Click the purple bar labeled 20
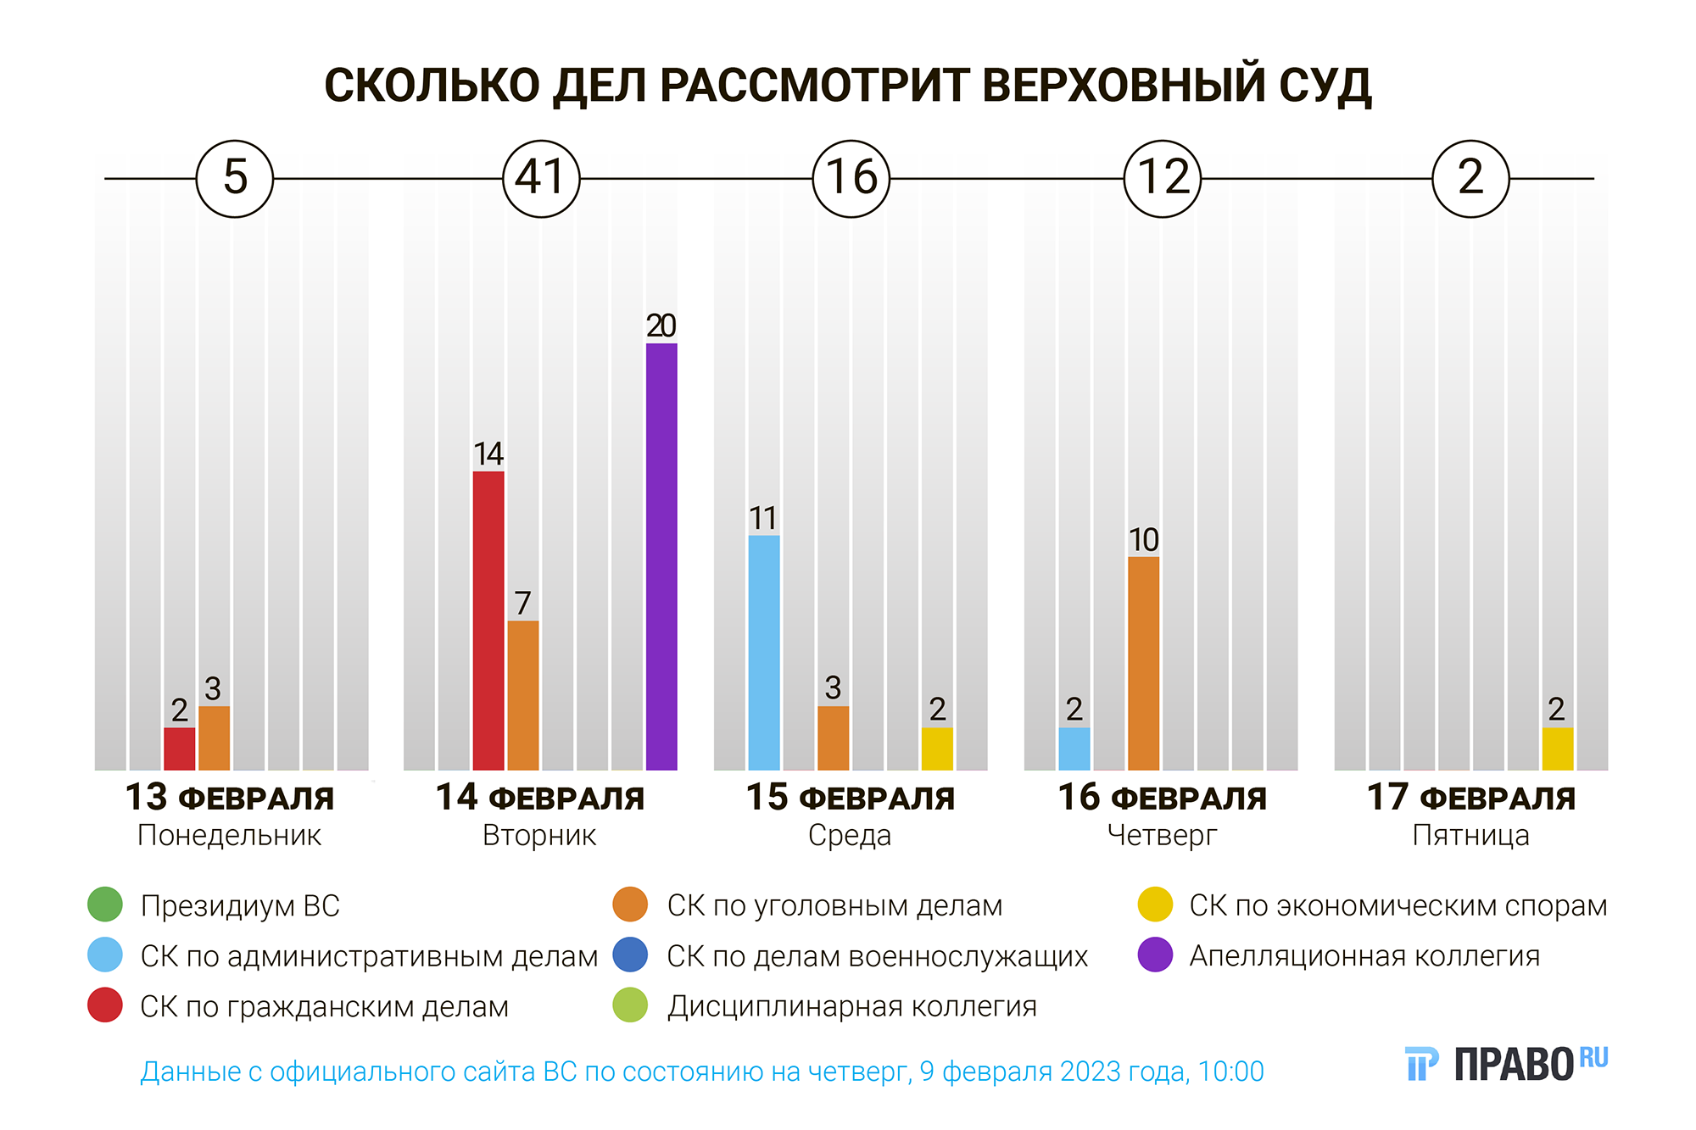[661, 556]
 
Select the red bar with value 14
[488, 621]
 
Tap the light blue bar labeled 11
[764, 652]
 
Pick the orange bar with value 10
[1143, 663]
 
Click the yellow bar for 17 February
[1557, 749]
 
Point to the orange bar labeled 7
[523, 695]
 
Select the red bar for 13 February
[179, 749]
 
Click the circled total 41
[541, 178]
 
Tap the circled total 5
[235, 178]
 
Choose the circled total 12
[1162, 178]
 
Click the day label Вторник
[539, 836]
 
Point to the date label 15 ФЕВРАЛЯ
[850, 798]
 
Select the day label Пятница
[1470, 836]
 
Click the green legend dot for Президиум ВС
[105, 905]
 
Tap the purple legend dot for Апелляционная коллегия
[1155, 955]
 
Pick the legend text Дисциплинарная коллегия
[851, 1006]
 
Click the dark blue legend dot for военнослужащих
[630, 955]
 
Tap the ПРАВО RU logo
[1506, 1064]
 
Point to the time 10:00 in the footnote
[1230, 1072]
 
